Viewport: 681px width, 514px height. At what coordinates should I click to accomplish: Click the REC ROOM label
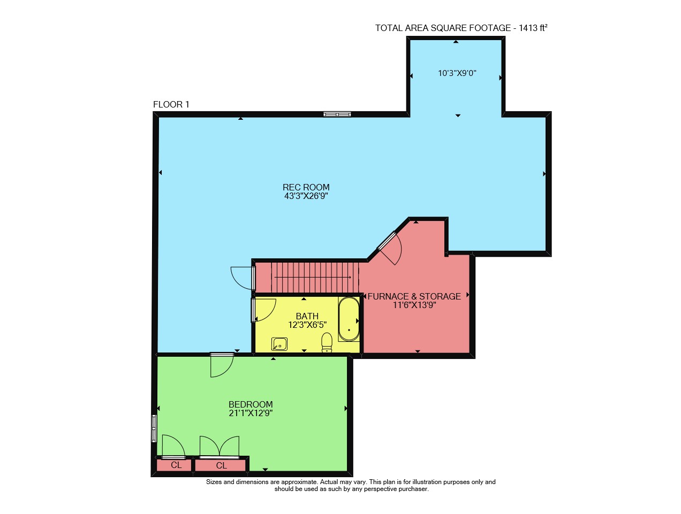tap(306, 187)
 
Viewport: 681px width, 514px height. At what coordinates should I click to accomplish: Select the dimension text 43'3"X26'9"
tap(306, 196)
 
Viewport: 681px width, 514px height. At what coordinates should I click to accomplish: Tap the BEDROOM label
tap(251, 404)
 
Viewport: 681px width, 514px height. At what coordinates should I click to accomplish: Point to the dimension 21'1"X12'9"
tap(251, 413)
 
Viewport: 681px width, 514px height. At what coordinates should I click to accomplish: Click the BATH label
tap(307, 316)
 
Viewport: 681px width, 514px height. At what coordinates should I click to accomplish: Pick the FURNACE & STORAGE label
tap(414, 296)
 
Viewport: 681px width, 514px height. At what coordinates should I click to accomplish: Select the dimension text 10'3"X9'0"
tap(457, 73)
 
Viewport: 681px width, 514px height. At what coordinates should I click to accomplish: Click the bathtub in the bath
tap(349, 319)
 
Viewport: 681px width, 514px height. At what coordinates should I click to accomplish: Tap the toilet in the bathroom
tap(327, 342)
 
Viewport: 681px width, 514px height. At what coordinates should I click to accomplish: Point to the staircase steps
tap(315, 277)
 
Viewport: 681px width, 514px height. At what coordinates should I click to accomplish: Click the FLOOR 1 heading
tap(171, 105)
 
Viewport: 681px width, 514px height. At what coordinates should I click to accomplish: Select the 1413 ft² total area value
tap(533, 28)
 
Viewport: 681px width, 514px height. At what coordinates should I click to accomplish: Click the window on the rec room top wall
tap(337, 114)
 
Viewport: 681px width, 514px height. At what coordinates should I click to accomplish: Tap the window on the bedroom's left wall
tap(154, 428)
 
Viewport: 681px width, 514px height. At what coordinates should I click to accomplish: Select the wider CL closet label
tap(222, 465)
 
